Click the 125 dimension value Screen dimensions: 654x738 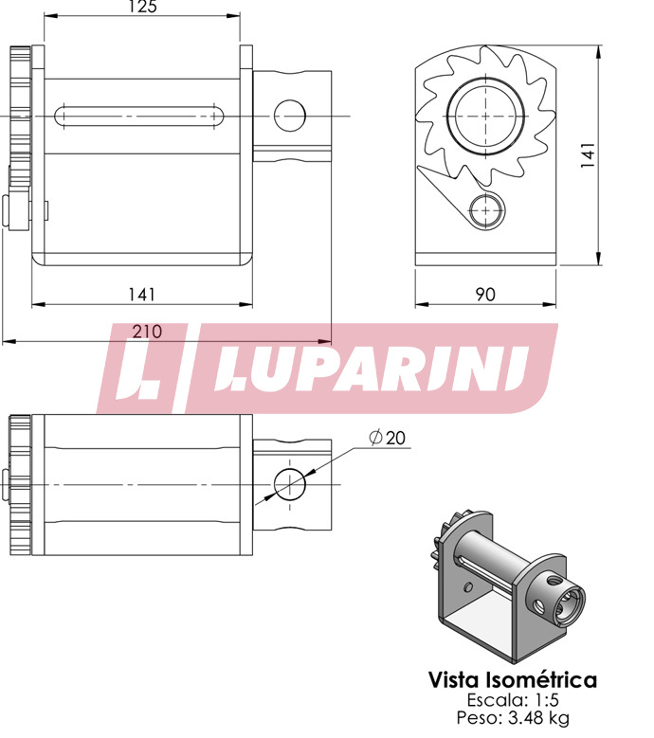click(142, 6)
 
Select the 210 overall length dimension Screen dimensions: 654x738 click(147, 332)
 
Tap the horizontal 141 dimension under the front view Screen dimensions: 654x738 click(142, 295)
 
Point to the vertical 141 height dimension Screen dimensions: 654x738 click(588, 154)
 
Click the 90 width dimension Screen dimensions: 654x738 click(485, 295)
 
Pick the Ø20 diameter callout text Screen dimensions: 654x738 click(387, 438)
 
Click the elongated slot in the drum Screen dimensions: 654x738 click(139, 116)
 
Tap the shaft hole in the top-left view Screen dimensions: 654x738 click(290, 116)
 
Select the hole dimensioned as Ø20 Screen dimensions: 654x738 click(290, 485)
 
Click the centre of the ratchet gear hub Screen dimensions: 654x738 click(486, 116)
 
